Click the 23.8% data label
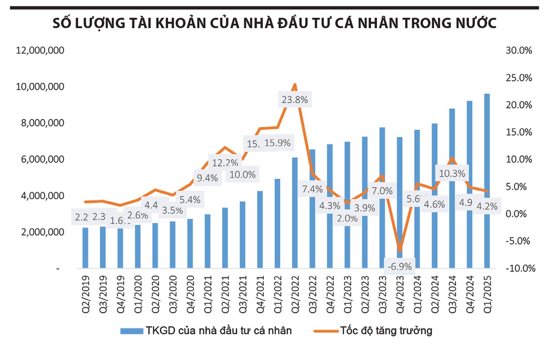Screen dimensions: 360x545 point(295,100)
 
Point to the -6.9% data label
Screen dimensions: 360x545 point(400,266)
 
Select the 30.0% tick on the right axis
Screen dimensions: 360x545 point(518,50)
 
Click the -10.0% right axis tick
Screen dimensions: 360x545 point(517,268)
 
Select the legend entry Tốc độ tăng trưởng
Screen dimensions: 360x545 point(386,331)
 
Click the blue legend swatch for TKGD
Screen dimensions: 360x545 point(132,331)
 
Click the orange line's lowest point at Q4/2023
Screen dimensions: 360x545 point(400,251)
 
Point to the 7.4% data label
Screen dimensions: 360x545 point(312,189)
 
